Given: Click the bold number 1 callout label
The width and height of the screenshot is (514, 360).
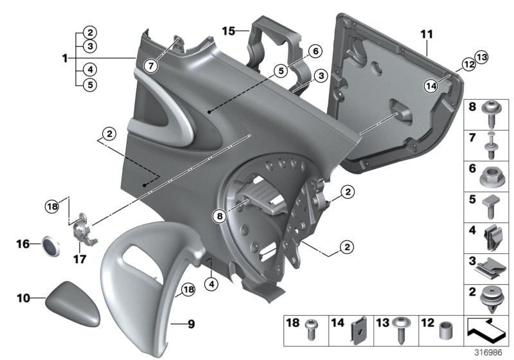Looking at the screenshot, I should click(65, 59).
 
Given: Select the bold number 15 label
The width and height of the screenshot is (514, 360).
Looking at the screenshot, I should click(229, 30).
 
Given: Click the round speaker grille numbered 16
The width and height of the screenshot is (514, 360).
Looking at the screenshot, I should click(49, 244).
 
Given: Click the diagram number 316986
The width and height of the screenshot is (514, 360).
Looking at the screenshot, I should click(488, 352).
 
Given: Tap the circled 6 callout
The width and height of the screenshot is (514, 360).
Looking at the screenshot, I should click(314, 51).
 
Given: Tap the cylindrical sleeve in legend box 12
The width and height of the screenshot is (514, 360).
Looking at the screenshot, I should click(445, 330).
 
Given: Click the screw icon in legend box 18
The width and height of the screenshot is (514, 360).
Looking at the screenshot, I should click(313, 330).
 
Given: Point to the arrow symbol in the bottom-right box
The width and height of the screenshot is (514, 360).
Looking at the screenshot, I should click(486, 328).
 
